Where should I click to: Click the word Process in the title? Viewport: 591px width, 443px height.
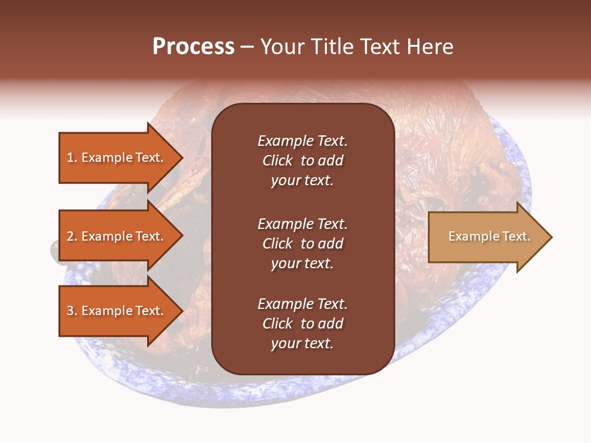coord(193,47)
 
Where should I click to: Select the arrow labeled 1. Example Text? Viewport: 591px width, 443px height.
coord(117,158)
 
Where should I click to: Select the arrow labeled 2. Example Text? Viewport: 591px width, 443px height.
coord(117,236)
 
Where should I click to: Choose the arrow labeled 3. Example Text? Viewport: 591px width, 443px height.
coord(117,311)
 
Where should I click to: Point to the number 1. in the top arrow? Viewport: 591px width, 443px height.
coord(72,158)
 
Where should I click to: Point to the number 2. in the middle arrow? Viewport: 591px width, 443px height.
coord(72,236)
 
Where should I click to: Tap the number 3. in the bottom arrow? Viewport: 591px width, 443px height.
coord(72,311)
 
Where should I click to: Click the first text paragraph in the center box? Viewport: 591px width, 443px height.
coord(302,161)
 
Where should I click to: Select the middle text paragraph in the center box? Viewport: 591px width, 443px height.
coord(302,244)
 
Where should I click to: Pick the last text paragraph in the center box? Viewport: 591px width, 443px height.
coord(302,324)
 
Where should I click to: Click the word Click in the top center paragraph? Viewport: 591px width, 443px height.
coord(278,161)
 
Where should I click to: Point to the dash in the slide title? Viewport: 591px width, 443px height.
coord(247,47)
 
